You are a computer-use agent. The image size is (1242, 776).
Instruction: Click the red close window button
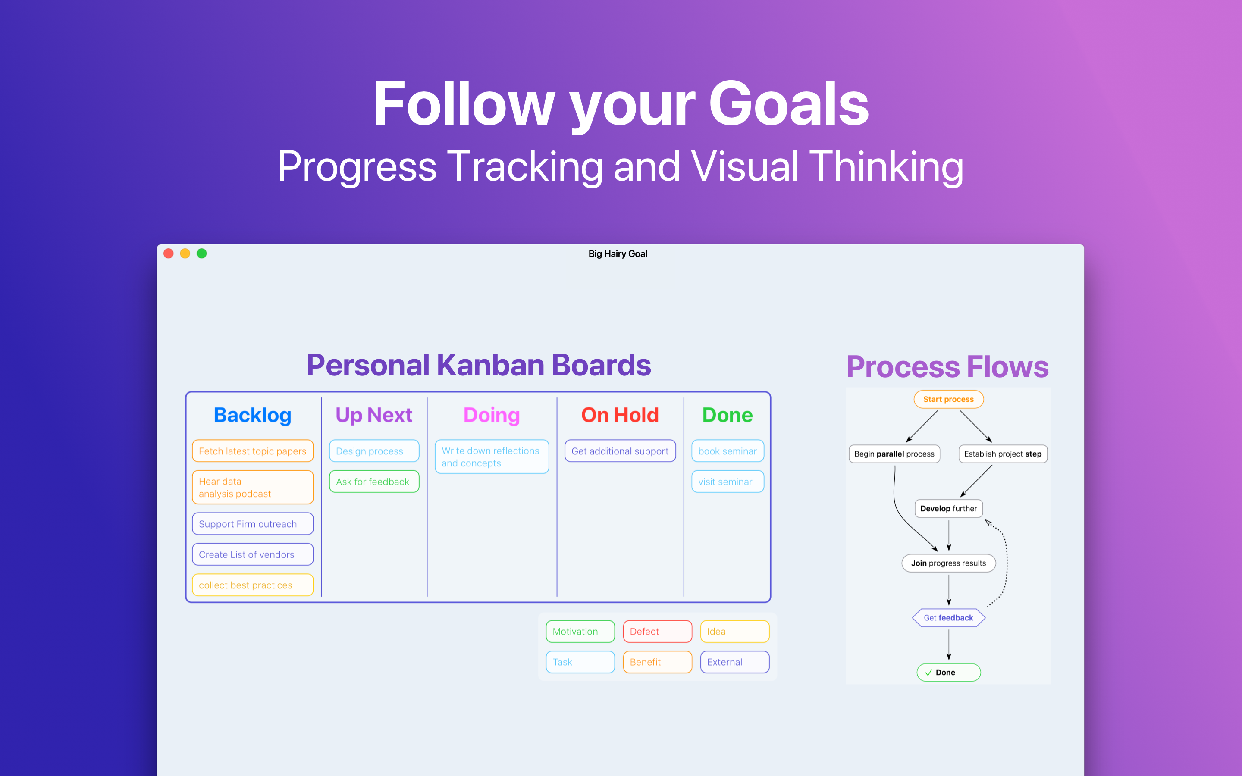[168, 253]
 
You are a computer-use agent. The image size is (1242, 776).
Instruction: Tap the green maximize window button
[202, 253]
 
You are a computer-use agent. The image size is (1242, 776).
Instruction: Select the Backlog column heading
[253, 415]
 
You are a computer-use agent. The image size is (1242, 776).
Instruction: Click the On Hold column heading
[619, 415]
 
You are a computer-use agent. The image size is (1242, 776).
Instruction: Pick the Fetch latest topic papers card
[253, 451]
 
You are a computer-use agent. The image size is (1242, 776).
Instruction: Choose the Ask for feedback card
[373, 482]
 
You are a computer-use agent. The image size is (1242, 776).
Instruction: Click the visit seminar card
[727, 482]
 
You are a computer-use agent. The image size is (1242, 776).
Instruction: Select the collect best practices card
[253, 585]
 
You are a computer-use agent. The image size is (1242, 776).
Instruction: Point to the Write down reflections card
[491, 457]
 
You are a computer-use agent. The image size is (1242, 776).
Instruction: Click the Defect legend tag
[657, 631]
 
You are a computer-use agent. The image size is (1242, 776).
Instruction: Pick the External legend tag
[734, 662]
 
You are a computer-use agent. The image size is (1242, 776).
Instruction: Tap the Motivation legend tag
[580, 631]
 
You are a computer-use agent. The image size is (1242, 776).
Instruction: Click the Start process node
[948, 399]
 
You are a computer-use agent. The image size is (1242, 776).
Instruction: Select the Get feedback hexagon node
[948, 618]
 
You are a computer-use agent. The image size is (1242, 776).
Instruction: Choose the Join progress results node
[948, 563]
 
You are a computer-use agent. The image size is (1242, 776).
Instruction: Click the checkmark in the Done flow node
[928, 673]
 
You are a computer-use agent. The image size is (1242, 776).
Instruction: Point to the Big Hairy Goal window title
[618, 253]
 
